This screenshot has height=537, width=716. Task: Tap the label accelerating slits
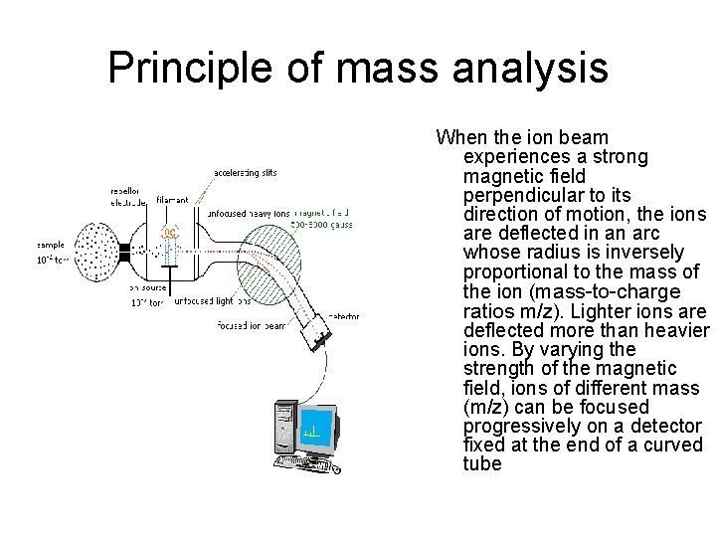click(x=246, y=174)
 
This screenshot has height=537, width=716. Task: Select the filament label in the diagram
click(x=172, y=200)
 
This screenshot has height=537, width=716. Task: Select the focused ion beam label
click(x=252, y=325)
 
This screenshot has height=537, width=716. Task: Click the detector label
click(x=342, y=316)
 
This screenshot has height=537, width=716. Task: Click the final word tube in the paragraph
click(x=482, y=464)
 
